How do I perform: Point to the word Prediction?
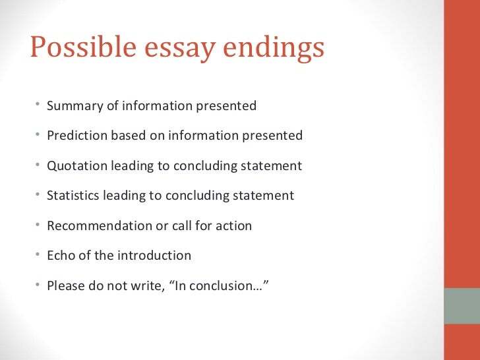[x=76, y=136]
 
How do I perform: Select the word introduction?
[x=154, y=255]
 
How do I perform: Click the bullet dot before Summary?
[x=38, y=105]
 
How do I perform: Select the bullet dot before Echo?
[x=38, y=255]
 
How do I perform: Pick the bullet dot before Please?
[x=38, y=285]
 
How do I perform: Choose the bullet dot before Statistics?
[x=38, y=195]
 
